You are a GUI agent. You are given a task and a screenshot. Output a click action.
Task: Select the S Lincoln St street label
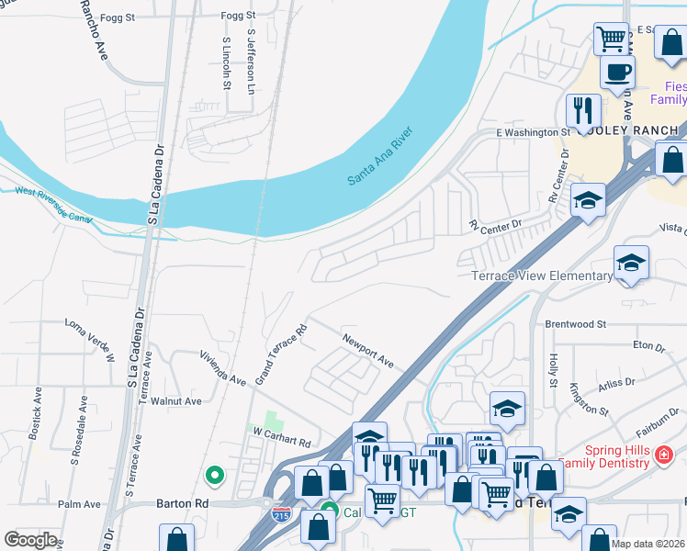pos(226,63)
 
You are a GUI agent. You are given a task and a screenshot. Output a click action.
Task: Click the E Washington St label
pos(533,132)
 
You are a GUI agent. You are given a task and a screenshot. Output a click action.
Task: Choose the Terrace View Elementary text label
pos(541,275)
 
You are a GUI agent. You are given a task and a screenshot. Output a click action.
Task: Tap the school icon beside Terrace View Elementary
pos(631,264)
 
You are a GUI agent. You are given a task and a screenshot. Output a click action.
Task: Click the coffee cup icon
pos(617,71)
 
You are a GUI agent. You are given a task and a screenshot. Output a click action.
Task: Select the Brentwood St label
pos(576,324)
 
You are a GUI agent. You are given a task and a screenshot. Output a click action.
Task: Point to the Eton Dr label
pos(648,347)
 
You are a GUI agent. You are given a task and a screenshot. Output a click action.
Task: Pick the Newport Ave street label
pos(367,350)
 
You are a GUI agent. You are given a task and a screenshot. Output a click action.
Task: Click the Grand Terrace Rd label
pos(281,354)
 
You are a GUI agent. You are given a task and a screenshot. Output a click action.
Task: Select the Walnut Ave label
pos(176,401)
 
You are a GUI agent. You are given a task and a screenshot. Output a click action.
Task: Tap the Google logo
pos(30,540)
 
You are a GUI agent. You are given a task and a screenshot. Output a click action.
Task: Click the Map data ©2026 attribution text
pos(648,544)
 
